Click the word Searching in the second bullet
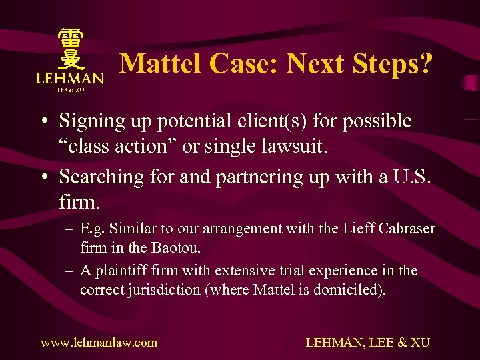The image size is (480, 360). [101, 177]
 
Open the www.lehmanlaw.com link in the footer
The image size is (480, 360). [99, 343]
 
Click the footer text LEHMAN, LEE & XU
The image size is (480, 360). [367, 343]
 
